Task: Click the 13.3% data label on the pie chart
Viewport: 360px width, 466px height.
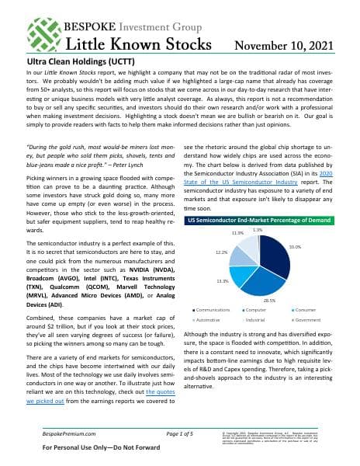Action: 222,280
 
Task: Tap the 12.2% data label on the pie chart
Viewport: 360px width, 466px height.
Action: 221,252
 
